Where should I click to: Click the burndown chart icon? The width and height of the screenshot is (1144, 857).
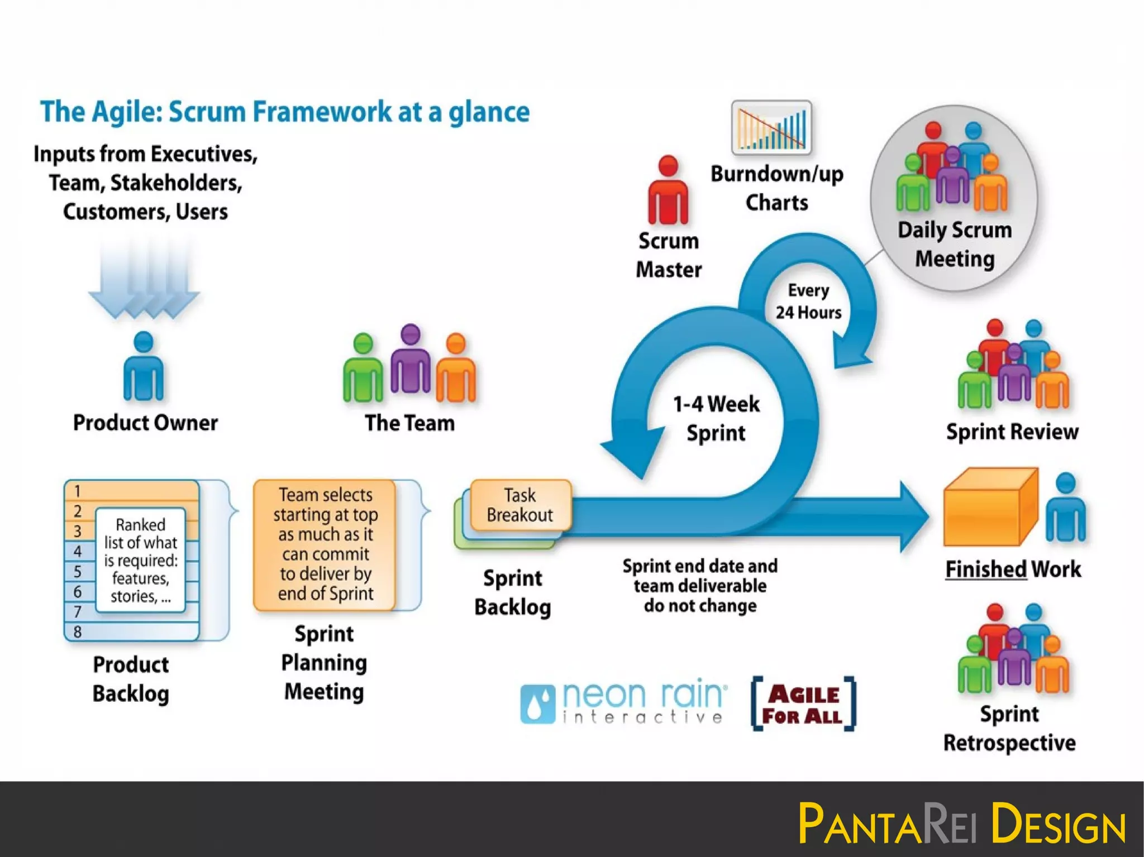pyautogui.click(x=771, y=128)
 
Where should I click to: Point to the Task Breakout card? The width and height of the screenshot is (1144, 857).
pyautogui.click(x=521, y=505)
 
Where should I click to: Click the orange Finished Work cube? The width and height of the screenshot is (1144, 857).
pyautogui.click(x=990, y=508)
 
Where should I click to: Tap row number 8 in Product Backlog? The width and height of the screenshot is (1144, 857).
pyautogui.click(x=78, y=631)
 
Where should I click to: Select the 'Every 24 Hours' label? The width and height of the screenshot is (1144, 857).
pyautogui.click(x=808, y=301)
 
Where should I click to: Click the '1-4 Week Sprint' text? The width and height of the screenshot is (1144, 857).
pyautogui.click(x=716, y=418)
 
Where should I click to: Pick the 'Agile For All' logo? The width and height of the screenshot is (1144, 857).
pyautogui.click(x=803, y=703)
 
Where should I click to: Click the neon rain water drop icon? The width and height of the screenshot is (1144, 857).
pyautogui.click(x=537, y=704)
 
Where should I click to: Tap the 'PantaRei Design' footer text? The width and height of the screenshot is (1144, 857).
pyautogui.click(x=962, y=823)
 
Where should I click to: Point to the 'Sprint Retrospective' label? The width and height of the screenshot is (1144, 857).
pyautogui.click(x=1009, y=729)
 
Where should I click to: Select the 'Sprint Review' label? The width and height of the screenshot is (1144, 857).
pyautogui.click(x=1012, y=432)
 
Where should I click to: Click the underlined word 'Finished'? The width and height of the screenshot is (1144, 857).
pyautogui.click(x=986, y=569)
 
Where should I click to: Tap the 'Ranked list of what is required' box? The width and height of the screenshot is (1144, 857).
pyautogui.click(x=141, y=560)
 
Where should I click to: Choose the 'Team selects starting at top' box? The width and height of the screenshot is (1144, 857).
pyautogui.click(x=325, y=544)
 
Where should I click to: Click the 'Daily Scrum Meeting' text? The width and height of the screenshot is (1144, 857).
pyautogui.click(x=955, y=245)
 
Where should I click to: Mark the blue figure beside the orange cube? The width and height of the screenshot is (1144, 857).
pyautogui.click(x=1065, y=508)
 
